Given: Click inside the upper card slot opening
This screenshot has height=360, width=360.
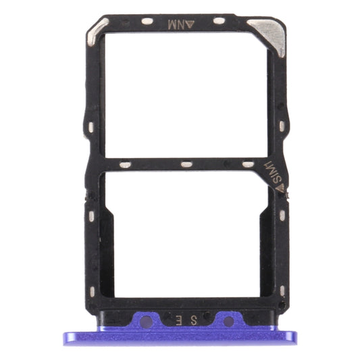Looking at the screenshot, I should coord(184,95).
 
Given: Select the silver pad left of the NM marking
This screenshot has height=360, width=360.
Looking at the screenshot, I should coord(147,22).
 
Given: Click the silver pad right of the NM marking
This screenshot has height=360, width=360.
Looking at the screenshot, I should coord(220,22).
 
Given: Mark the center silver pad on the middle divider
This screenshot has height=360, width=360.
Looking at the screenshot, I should coord(184,164).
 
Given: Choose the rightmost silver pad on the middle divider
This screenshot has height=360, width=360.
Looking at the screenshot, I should coord(248,164).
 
